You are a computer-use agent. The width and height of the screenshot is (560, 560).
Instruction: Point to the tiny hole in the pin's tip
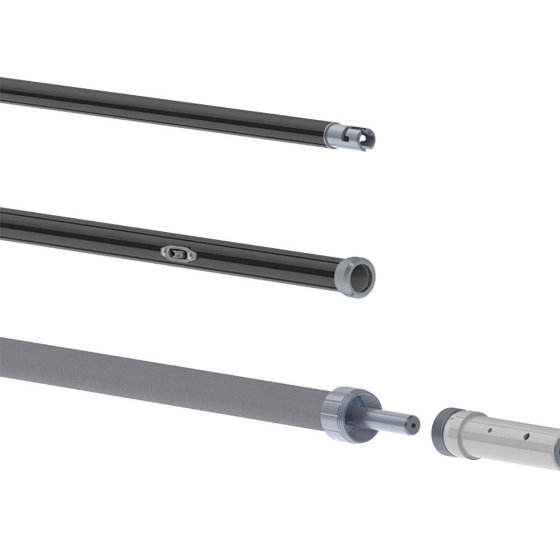coord(414,424)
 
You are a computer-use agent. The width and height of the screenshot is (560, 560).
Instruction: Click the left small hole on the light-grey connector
coord(490,431)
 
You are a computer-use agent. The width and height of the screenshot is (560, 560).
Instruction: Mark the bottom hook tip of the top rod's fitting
coord(361,149)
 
